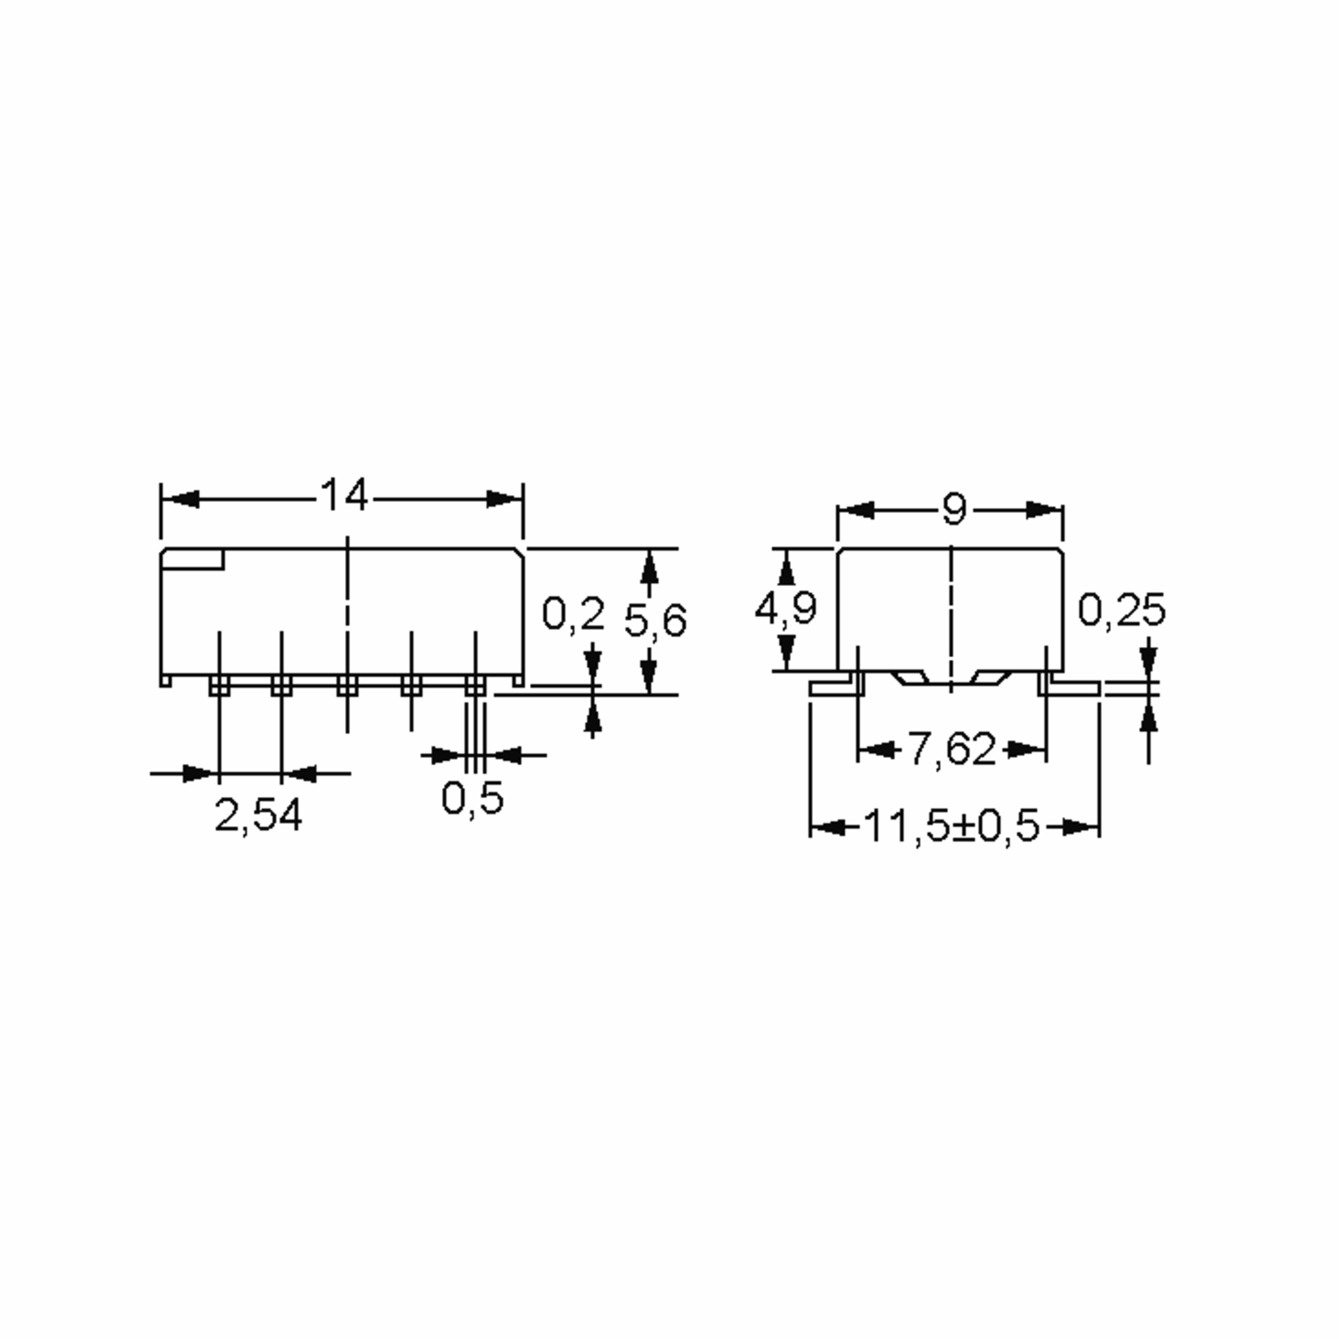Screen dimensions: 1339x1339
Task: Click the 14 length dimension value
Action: pyautogui.click(x=344, y=496)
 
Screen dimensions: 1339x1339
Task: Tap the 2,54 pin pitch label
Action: pyautogui.click(x=258, y=815)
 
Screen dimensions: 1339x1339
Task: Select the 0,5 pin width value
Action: pyautogui.click(x=473, y=798)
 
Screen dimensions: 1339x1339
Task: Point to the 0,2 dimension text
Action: pyautogui.click(x=573, y=614)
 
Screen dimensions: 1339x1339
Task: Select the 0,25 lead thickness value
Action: pyautogui.click(x=1122, y=610)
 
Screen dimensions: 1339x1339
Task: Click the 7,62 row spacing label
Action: pyautogui.click(x=952, y=749)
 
